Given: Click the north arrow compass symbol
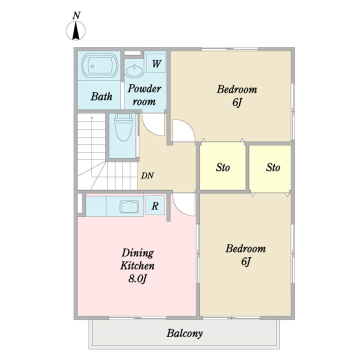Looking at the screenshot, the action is click(x=76, y=30).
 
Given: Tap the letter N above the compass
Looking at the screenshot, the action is click(x=76, y=15).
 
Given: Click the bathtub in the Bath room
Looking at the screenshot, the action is click(x=100, y=65).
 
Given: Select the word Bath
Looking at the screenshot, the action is click(x=101, y=96).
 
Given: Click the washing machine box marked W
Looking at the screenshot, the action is click(x=156, y=63).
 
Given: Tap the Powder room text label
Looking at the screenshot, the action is click(x=144, y=95).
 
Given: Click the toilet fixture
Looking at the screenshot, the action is click(x=123, y=127).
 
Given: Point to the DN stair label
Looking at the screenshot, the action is click(x=147, y=175).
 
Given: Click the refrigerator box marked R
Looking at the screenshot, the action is click(x=155, y=205).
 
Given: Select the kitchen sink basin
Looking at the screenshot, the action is click(x=129, y=206).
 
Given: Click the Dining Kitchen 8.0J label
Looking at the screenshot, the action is click(x=137, y=265).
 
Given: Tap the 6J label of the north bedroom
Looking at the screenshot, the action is click(x=237, y=102).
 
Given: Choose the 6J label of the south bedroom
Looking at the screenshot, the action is click(x=246, y=261).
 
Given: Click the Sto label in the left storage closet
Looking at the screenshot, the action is click(x=222, y=167).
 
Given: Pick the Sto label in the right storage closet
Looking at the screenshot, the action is click(x=273, y=167).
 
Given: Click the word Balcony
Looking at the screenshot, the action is click(x=184, y=333).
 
